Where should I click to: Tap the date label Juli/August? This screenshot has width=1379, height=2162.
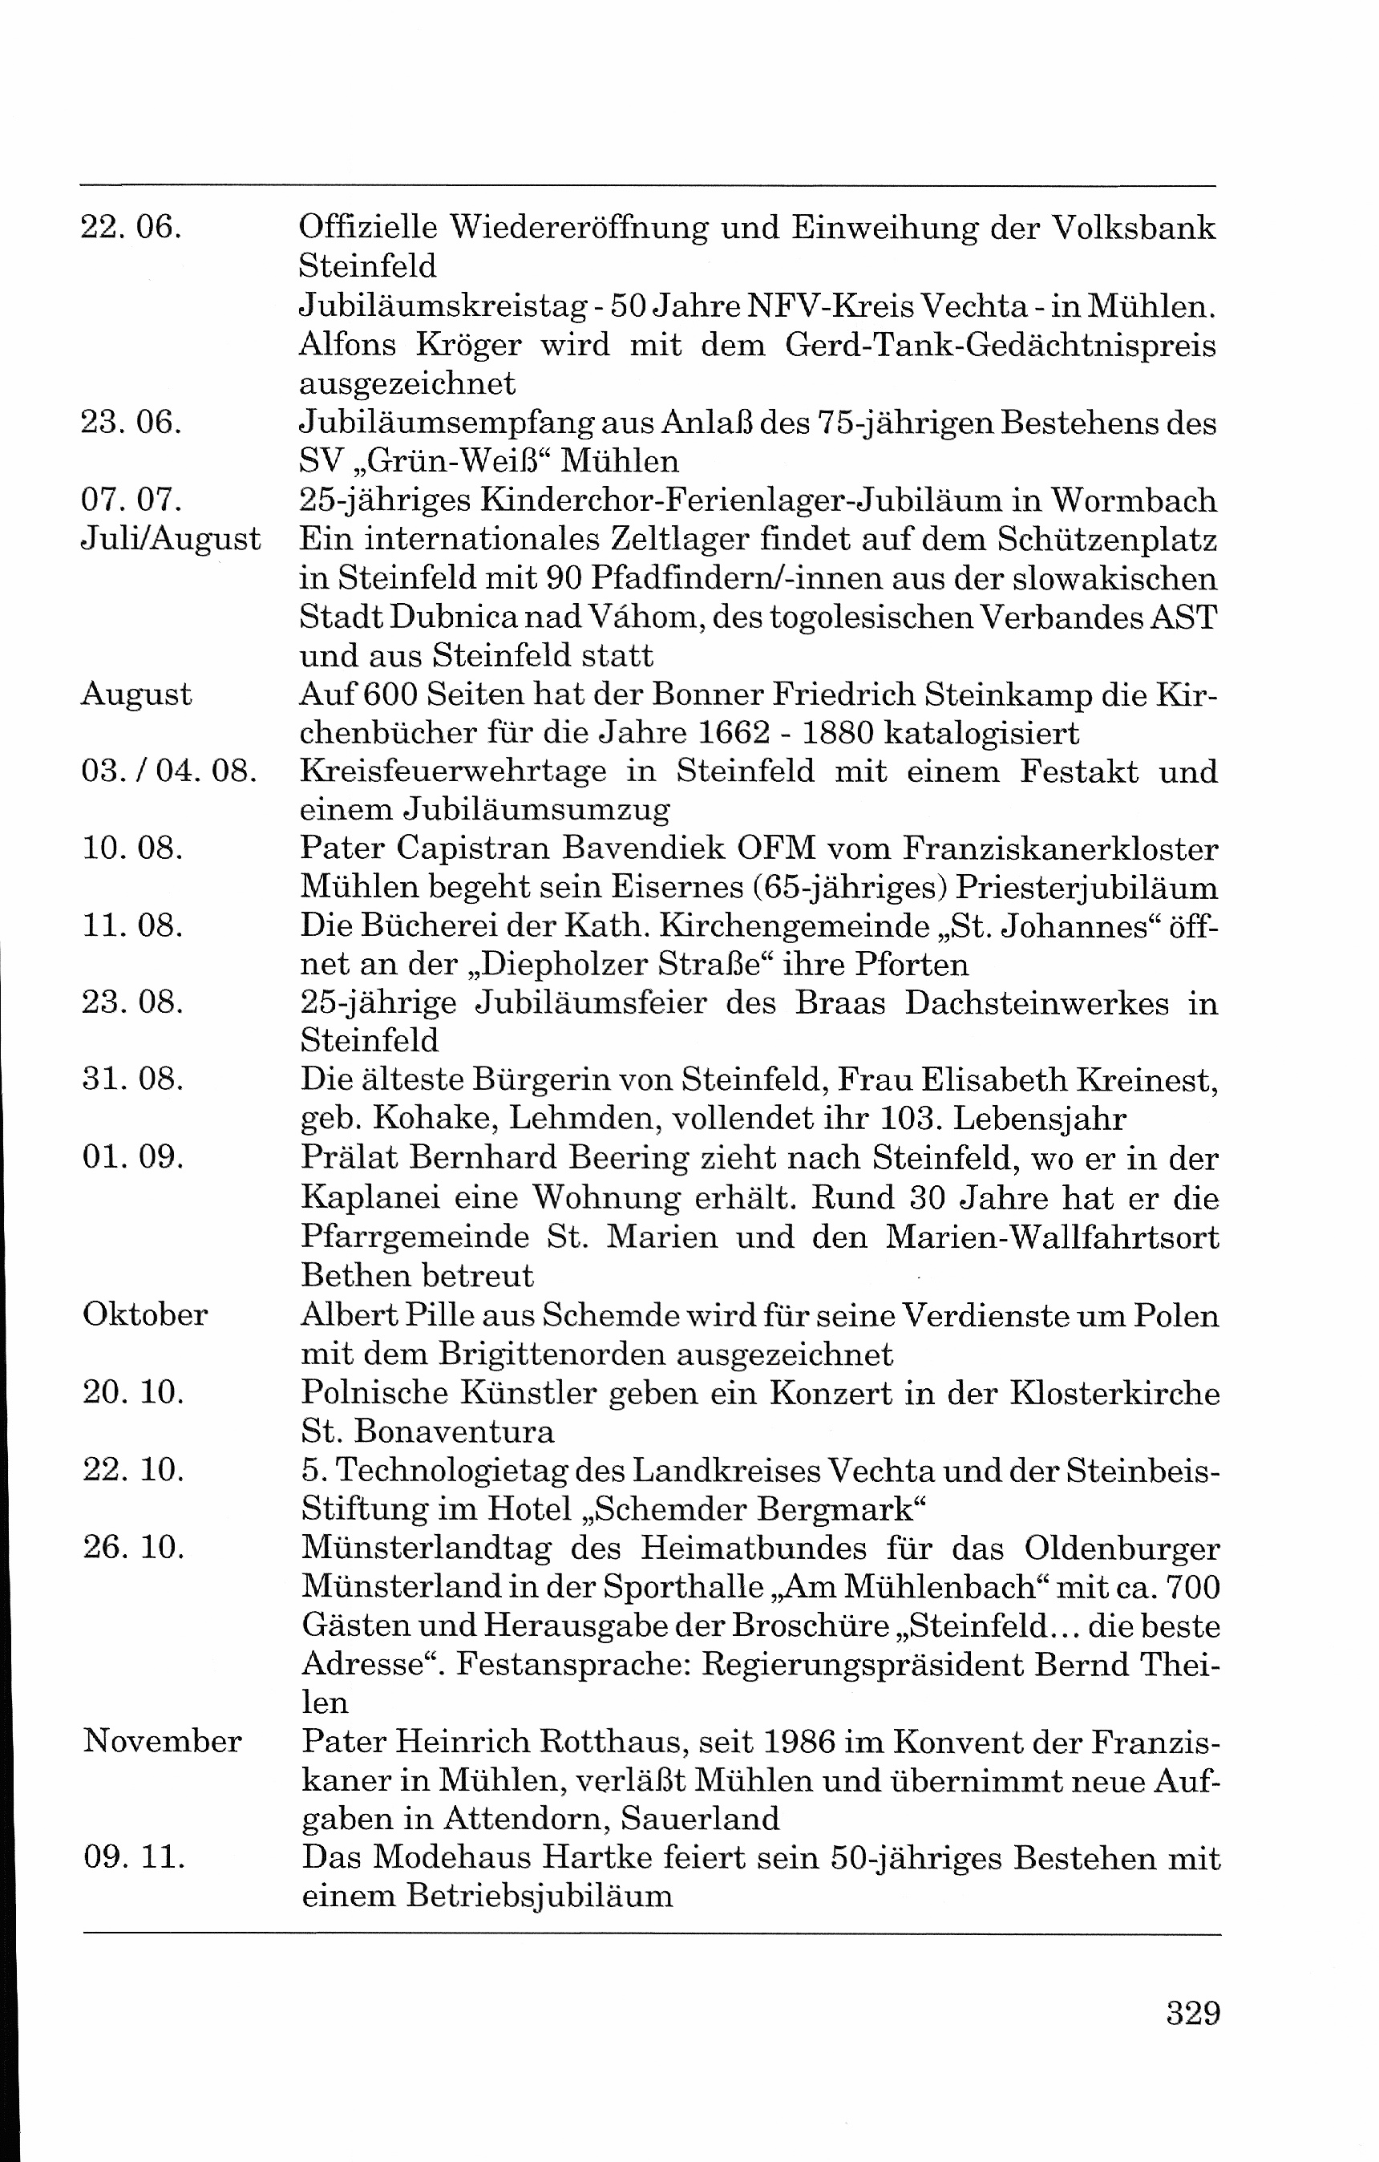tap(171, 540)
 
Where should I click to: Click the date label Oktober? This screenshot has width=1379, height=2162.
tap(145, 1314)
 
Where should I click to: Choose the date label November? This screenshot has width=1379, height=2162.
tap(163, 1741)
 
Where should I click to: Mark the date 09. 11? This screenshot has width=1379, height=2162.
tap(134, 1857)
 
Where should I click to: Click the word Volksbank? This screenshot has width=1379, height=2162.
tap(1134, 228)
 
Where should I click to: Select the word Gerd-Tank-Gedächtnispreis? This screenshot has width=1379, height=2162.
tap(1000, 346)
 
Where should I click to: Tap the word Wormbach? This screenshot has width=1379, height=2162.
tap(1134, 500)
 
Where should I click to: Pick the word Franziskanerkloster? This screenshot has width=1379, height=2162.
tap(1060, 848)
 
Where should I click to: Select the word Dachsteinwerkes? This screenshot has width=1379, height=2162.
tap(1036, 1003)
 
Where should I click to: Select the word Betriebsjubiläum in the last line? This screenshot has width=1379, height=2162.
tap(539, 1897)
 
